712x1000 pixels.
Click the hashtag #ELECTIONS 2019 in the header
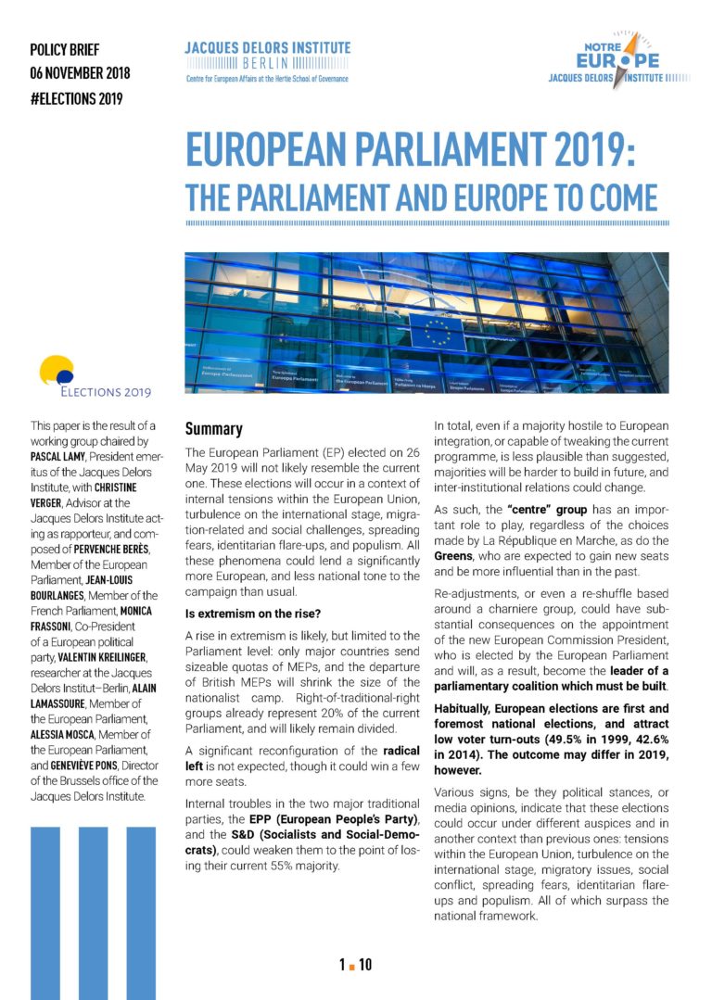click(76, 99)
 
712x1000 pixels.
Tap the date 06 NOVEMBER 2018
click(80, 74)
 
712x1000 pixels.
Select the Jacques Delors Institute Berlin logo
click(267, 61)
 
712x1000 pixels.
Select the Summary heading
click(213, 429)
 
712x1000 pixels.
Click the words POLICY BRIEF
click(64, 50)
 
